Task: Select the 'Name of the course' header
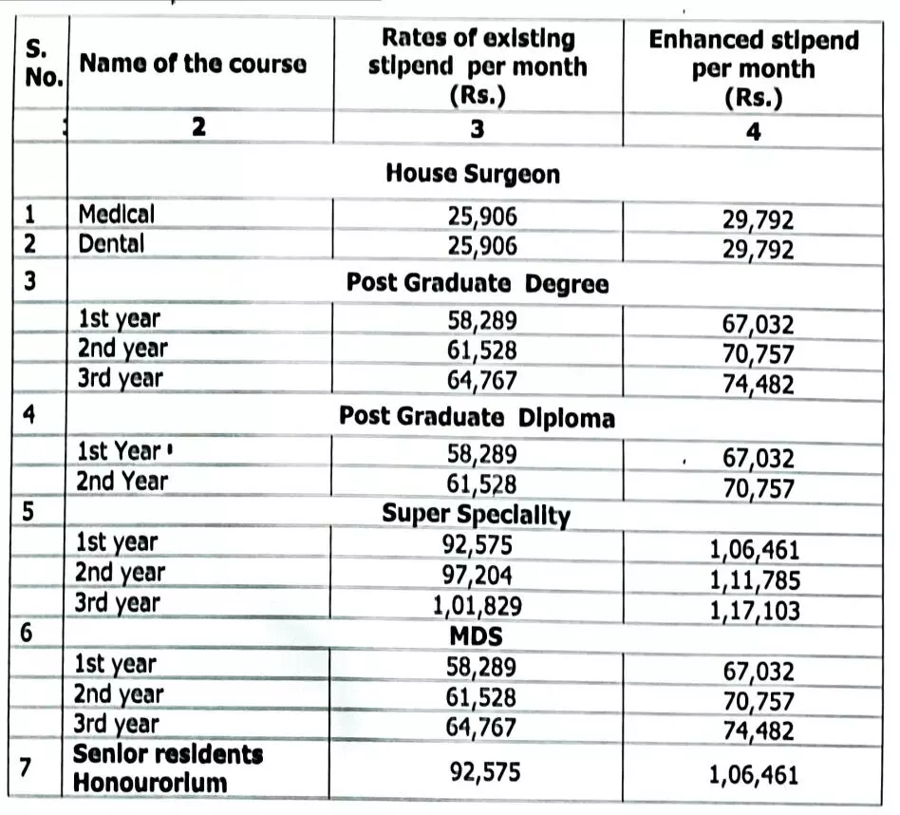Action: point(193,64)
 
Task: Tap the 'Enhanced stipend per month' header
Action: point(753,68)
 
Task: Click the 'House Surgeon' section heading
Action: point(473,174)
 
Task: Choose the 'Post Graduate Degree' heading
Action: point(477,283)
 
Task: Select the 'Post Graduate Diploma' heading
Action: point(477,417)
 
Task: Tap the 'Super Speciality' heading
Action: point(476,514)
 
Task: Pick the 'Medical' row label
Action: point(115,214)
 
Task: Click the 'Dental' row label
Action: point(111,243)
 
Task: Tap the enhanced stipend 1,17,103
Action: point(755,612)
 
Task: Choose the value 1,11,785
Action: point(755,580)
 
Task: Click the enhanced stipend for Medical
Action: point(757,222)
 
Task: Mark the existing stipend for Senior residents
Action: point(483,770)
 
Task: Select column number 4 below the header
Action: point(753,132)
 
